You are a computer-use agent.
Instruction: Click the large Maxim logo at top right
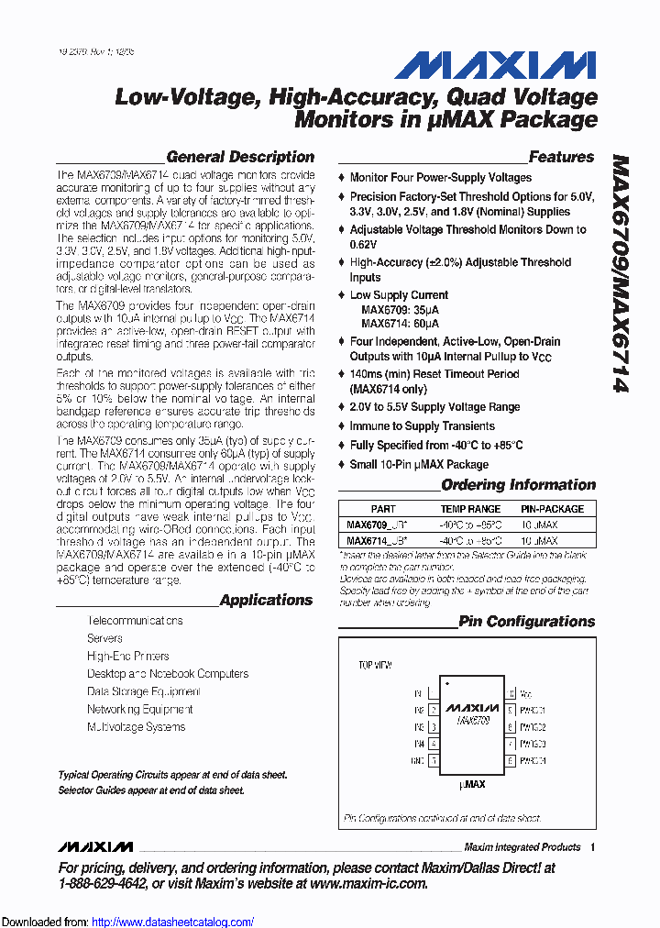pos(496,66)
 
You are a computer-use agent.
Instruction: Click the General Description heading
pos(240,157)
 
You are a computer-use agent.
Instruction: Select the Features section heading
pos(561,157)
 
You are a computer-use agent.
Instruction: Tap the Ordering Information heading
pos(518,484)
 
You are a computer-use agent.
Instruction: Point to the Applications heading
pos(266,600)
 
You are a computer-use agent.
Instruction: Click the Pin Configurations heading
pos(526,621)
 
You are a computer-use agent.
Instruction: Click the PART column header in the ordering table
pos(383,509)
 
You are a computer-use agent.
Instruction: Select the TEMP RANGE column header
pos(470,509)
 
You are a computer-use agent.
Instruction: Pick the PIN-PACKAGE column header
pos(552,509)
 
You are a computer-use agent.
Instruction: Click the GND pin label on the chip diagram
pos(417,760)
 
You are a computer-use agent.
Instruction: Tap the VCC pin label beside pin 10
pos(526,694)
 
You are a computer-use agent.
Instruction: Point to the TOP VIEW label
pos(374,664)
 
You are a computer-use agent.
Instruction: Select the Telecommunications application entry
pos(135,621)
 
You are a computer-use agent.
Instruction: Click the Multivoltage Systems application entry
pos(136,727)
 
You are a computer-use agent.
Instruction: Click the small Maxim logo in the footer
pos(94,846)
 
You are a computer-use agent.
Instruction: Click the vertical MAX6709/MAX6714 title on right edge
pos(619,274)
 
